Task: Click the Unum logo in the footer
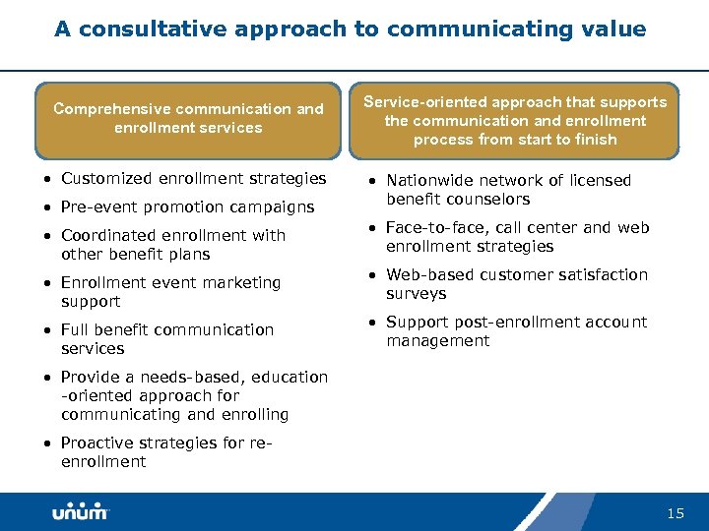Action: [81, 511]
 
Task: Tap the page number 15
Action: [676, 513]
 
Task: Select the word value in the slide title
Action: [614, 29]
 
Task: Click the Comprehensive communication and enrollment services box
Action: [188, 119]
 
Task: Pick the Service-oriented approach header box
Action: [514, 120]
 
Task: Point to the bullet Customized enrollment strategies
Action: [193, 178]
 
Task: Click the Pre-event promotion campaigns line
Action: [187, 206]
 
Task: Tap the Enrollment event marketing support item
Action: [170, 291]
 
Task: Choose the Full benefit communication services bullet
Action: [166, 338]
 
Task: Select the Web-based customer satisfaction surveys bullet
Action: [516, 283]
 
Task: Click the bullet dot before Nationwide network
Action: [372, 181]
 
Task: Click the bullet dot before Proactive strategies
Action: [47, 443]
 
